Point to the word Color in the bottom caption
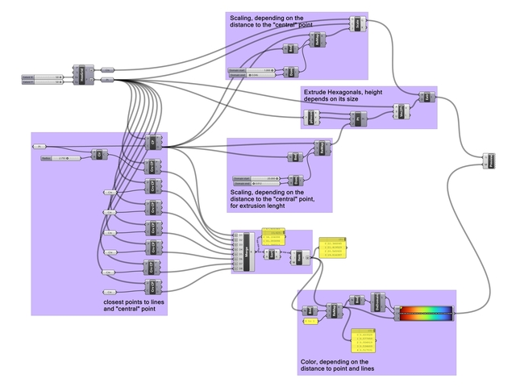(x=308, y=362)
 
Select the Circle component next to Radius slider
(x=98, y=154)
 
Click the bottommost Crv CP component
(x=151, y=286)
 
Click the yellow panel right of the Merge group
(x=333, y=249)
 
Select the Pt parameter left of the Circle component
(x=38, y=146)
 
